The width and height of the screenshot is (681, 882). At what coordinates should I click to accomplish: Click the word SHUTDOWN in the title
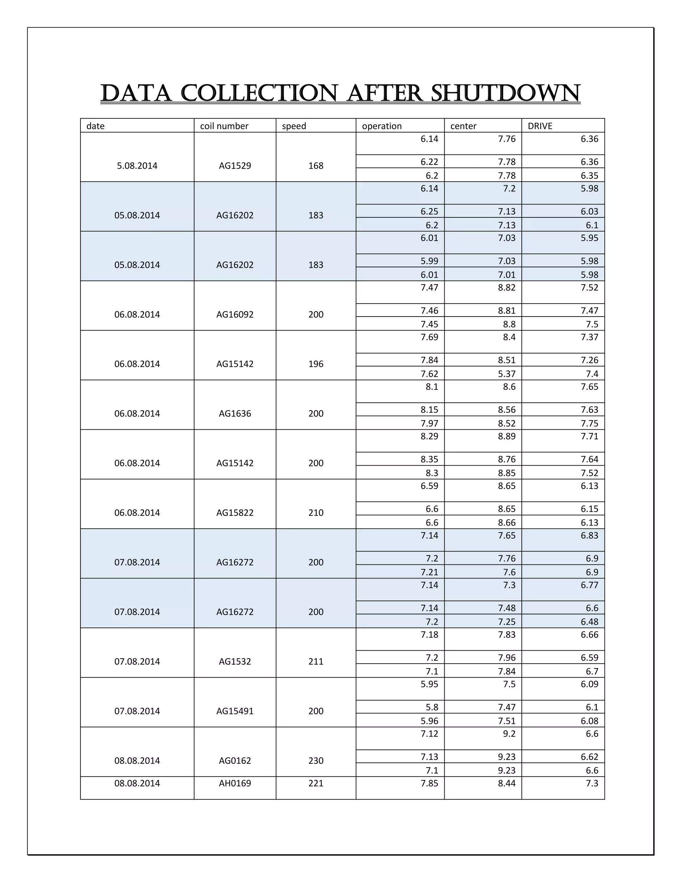pos(505,94)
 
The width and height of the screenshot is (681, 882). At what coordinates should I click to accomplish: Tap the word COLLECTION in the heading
pos(259,94)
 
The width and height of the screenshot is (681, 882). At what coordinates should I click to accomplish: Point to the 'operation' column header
pos(382,126)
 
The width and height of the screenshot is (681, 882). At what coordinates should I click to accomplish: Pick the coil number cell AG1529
pos(235,165)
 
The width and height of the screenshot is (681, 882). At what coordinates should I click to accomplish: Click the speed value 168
pos(316,165)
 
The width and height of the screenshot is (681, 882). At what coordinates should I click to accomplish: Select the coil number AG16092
pos(235,314)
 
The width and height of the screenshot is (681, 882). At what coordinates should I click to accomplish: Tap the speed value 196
pos(316,364)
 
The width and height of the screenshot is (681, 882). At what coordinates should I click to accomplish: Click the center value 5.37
pos(506,373)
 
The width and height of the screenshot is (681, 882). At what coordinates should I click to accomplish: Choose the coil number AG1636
pos(235,413)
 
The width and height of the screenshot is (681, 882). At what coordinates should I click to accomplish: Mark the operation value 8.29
pos(429,436)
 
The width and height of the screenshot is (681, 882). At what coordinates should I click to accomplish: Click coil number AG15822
pos(235,513)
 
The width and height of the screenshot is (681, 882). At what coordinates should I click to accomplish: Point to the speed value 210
pos(316,513)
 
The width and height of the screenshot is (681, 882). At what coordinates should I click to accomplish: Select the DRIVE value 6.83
pos(590,536)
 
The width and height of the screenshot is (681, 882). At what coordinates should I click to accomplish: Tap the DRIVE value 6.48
pos(590,621)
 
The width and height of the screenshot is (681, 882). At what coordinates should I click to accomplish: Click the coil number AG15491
pos(235,711)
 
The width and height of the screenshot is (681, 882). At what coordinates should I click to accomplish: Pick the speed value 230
pos(316,761)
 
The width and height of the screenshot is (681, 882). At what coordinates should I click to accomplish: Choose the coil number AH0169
pos(235,783)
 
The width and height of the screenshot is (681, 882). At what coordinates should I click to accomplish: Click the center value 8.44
pos(506,783)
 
